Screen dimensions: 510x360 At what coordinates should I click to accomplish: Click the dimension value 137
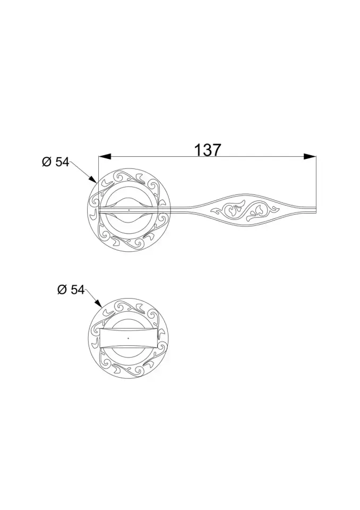(x=208, y=150)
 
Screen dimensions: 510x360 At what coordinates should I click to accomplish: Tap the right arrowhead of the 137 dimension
(x=310, y=156)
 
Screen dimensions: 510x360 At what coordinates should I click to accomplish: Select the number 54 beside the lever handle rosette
(x=62, y=163)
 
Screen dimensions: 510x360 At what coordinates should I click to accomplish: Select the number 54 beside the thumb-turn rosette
(x=77, y=290)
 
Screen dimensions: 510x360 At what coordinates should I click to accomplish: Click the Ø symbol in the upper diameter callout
(x=47, y=163)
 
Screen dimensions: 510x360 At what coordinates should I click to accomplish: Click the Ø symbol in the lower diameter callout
(x=62, y=290)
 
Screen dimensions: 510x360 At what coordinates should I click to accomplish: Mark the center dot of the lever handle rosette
(x=128, y=210)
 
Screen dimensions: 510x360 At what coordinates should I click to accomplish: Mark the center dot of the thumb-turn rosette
(x=128, y=337)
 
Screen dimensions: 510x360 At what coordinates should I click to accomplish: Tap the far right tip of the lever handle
(x=316, y=210)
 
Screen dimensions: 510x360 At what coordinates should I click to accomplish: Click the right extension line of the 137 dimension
(x=316, y=181)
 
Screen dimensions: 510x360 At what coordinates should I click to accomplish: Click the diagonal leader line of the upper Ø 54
(x=82, y=171)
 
